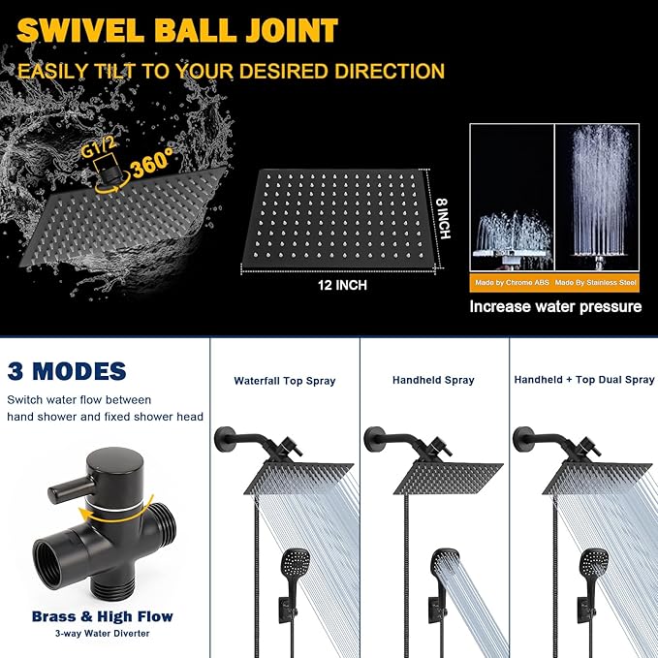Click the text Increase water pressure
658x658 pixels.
[x=555, y=307]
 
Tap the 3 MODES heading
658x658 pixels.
[x=67, y=370]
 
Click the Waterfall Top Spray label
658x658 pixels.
[x=285, y=381]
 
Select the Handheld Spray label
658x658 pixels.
[x=433, y=381]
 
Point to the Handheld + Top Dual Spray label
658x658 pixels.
[x=584, y=380]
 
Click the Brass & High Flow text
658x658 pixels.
[x=103, y=615]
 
